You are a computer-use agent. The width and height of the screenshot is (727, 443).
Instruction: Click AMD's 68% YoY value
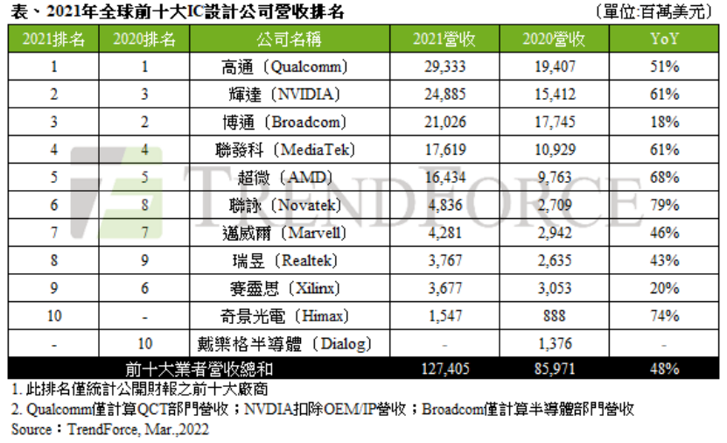tap(665, 177)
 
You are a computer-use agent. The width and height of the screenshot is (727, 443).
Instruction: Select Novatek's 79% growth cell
tap(665, 205)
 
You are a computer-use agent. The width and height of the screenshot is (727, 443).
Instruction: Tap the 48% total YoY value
tap(665, 369)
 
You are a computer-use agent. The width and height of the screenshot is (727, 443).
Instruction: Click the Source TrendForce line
tap(110, 430)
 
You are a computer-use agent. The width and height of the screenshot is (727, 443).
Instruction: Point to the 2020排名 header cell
tap(144, 39)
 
